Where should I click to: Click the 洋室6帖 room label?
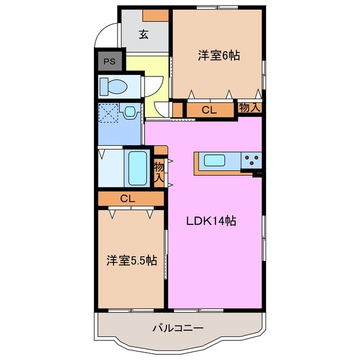[218, 56]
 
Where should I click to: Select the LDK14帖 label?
[211, 221]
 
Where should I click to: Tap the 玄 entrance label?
[143, 34]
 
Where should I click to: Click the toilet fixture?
[114, 87]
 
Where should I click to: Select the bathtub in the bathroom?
[137, 167]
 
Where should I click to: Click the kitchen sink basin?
[215, 161]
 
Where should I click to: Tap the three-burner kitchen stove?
[251, 161]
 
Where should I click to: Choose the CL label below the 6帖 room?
[209, 110]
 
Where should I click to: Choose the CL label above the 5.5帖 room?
[127, 198]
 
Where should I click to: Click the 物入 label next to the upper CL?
[250, 108]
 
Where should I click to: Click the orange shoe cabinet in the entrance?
[156, 15]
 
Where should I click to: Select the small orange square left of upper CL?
[178, 110]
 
